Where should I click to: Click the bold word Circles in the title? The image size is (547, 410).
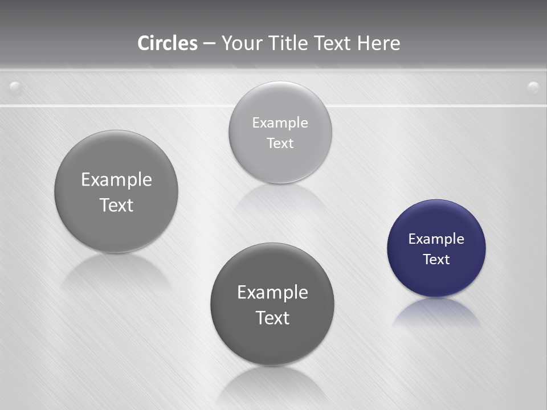click(167, 43)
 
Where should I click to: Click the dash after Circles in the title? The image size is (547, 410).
click(209, 44)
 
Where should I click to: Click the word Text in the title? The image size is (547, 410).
click(333, 43)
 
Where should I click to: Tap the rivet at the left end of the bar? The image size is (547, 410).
click(16, 88)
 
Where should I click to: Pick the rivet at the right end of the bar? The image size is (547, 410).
click(533, 87)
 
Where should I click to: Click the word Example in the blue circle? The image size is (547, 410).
click(436, 239)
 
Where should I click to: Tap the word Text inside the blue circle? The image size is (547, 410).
click(436, 260)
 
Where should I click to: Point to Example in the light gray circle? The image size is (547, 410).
click(280, 123)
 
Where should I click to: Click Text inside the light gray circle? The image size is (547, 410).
click(280, 143)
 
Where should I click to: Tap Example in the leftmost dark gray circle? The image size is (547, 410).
click(116, 180)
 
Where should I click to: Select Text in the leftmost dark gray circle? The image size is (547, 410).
click(116, 205)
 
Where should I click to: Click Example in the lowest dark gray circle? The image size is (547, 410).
click(272, 293)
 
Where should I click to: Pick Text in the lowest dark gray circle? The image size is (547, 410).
click(272, 318)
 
